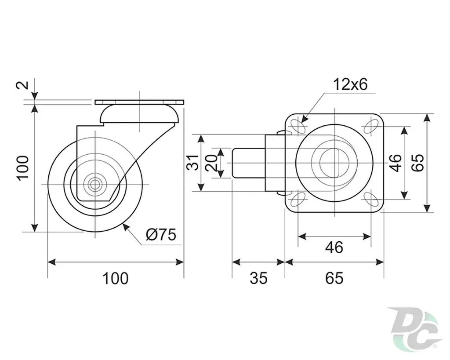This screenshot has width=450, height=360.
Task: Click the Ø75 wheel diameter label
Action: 161,235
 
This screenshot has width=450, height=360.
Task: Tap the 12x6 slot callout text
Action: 350,85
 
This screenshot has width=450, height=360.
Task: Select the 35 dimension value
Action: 258,278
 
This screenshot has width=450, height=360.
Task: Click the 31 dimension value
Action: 193,163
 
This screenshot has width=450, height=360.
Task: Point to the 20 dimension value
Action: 211,163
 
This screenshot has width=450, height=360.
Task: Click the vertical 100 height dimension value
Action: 23,168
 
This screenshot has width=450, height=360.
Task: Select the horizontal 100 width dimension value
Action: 116,278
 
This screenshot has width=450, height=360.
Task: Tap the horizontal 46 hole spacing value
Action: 334,247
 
